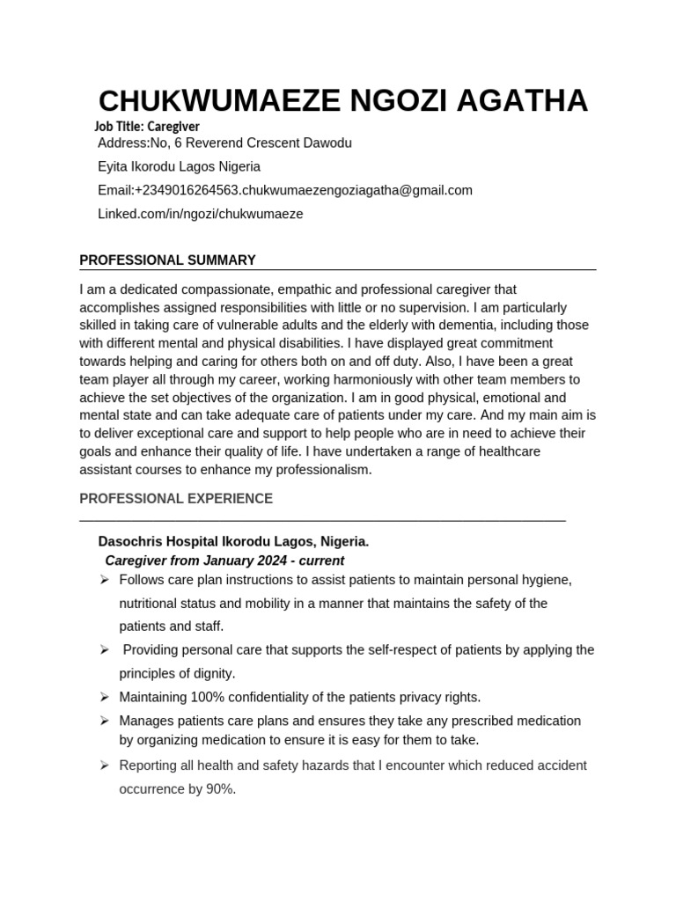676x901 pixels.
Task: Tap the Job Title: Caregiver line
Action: [147, 127]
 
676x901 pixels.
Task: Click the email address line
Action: [285, 190]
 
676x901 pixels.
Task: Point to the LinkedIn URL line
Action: [201, 214]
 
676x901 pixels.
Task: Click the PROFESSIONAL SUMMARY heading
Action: [167, 260]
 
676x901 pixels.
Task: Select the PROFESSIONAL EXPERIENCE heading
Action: [176, 499]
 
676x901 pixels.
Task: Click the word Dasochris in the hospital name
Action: [132, 541]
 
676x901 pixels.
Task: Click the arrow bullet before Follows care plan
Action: [104, 580]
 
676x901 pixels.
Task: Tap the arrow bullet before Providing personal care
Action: [104, 650]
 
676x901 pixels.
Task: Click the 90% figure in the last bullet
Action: [219, 789]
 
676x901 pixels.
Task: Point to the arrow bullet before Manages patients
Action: [104, 721]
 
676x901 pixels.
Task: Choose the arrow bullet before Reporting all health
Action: [104, 765]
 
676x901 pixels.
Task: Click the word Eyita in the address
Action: [114, 166]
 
